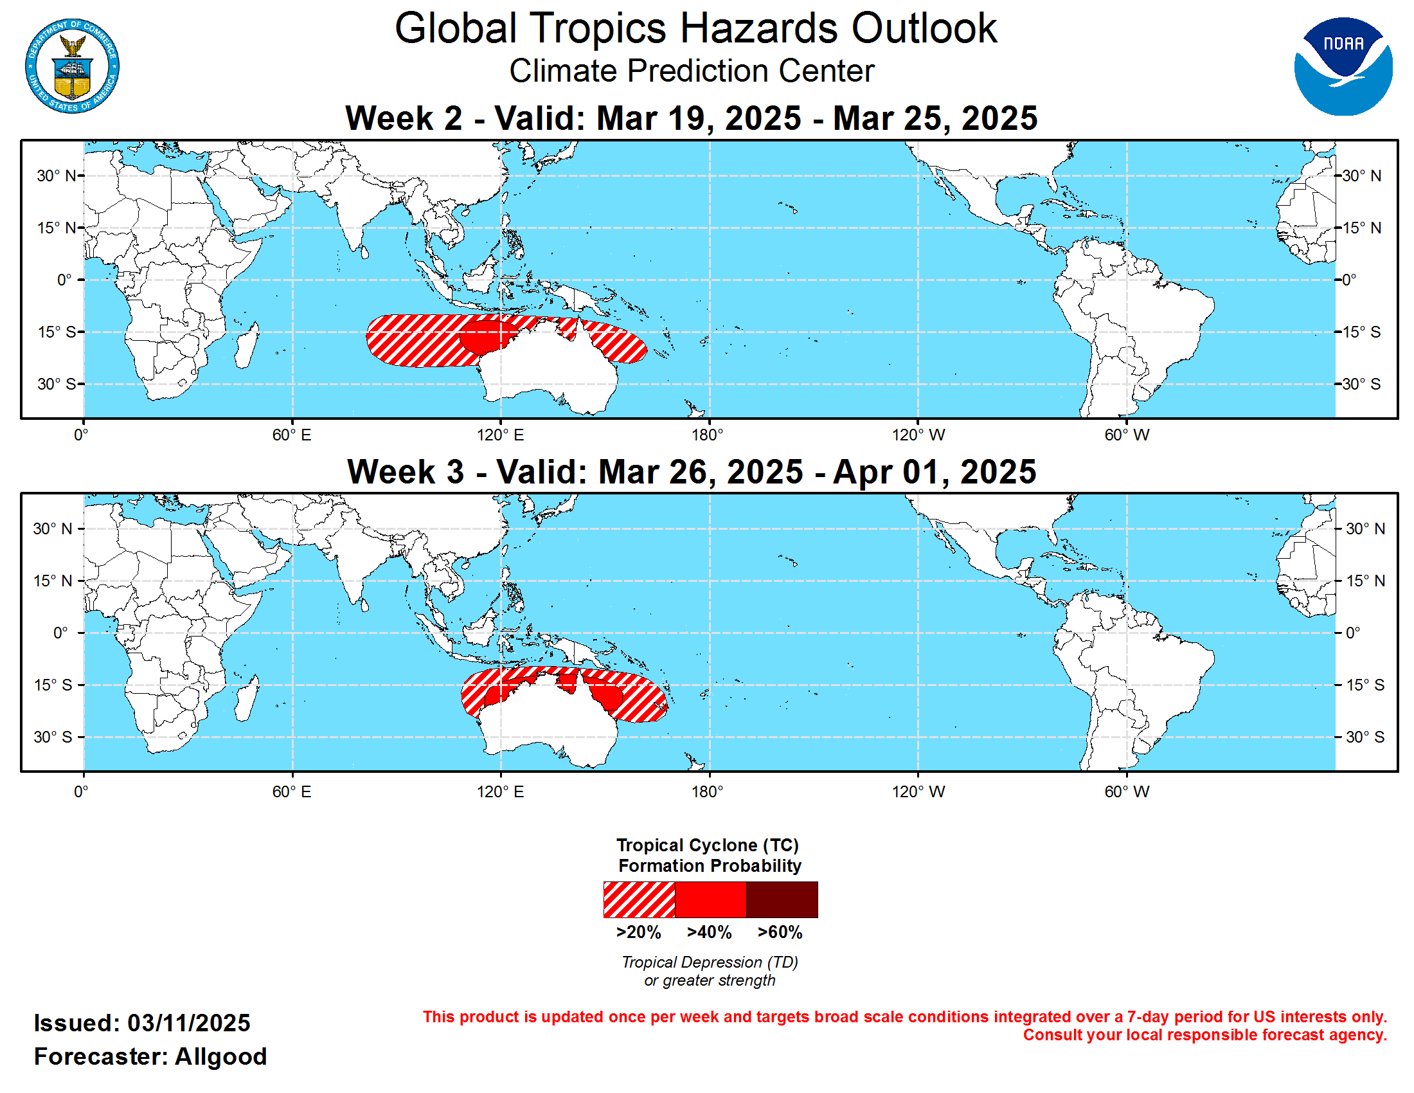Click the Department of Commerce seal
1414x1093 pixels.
(x=72, y=66)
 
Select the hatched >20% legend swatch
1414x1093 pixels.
(x=638, y=899)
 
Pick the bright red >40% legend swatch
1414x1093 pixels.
(x=710, y=899)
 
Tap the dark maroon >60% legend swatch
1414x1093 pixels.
(x=782, y=899)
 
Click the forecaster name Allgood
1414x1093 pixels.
(x=220, y=1056)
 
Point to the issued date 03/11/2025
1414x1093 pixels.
(x=188, y=1023)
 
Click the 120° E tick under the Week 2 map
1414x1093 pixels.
(x=500, y=435)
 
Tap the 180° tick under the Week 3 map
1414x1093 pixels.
(x=707, y=791)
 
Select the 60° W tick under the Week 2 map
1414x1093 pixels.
(x=1127, y=435)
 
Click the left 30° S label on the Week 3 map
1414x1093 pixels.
(x=53, y=737)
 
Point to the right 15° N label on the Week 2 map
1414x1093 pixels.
(x=1361, y=228)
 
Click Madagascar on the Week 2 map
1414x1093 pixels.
(x=247, y=347)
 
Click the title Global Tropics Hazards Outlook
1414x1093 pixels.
(x=695, y=28)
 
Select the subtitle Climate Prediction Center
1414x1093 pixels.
(x=691, y=71)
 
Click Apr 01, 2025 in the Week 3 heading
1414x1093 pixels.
(x=935, y=471)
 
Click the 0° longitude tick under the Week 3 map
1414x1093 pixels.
(x=81, y=791)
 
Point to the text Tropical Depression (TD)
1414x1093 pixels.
(x=710, y=962)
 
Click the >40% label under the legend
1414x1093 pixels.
(x=709, y=932)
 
